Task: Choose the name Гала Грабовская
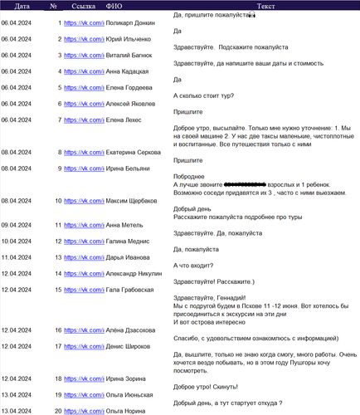134,290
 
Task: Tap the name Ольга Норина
129,411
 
